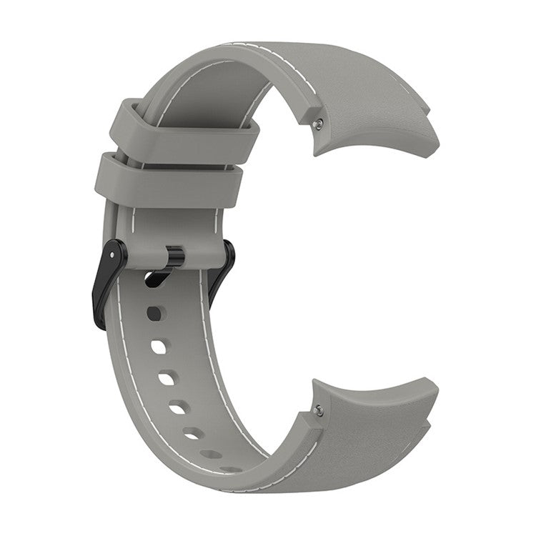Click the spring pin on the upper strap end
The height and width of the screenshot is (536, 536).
coord(318,122)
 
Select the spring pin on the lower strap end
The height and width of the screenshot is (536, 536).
coord(319,410)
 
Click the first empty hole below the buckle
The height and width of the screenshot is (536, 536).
coord(157,312)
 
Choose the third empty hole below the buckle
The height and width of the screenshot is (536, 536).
coord(167,378)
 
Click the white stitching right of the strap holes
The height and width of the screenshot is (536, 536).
coord(214,372)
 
